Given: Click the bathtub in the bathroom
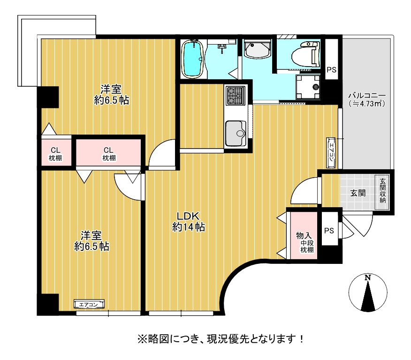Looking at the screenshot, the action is pyautogui.click(x=193, y=59).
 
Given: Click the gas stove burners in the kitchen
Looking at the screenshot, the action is pyautogui.click(x=236, y=96).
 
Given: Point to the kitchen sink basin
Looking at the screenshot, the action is pyautogui.click(x=236, y=133).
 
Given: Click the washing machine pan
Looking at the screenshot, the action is pyautogui.click(x=308, y=87).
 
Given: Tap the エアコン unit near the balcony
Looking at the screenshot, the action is pyautogui.click(x=331, y=153).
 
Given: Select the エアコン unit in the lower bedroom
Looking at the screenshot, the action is pyautogui.click(x=89, y=304).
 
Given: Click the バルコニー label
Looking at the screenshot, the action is pyautogui.click(x=367, y=96).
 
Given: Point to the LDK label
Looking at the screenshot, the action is pyautogui.click(x=188, y=216).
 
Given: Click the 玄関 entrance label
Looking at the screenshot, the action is pyautogui.click(x=358, y=193).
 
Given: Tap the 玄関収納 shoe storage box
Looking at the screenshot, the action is pyautogui.click(x=382, y=192).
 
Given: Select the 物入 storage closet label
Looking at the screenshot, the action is pyautogui.click(x=304, y=235).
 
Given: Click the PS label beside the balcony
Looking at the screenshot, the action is pyautogui.click(x=331, y=70).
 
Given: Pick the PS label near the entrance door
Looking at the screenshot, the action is pyautogui.click(x=329, y=231).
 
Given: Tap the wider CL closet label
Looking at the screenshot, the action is pyautogui.click(x=108, y=150).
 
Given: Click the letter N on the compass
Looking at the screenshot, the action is pyautogui.click(x=368, y=277).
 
